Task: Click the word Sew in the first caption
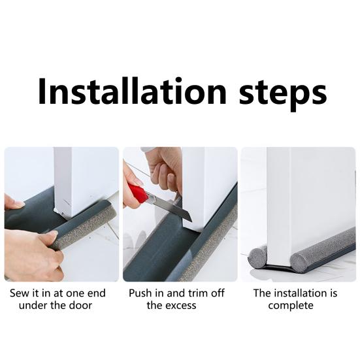20,293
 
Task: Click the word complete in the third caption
291,306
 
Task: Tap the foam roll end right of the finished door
300,261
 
